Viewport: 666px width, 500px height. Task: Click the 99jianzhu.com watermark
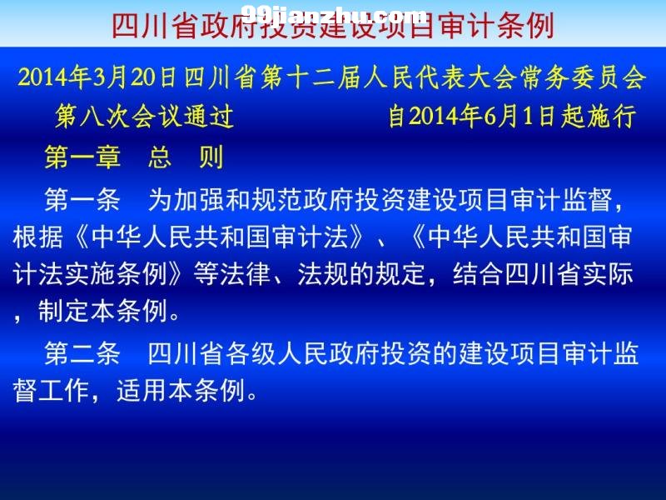335,15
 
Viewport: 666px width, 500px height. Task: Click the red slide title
333,26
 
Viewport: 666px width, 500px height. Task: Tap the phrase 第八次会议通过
144,116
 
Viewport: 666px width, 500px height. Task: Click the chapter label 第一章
82,157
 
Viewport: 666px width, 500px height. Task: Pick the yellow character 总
160,157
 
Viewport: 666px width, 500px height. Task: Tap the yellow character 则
211,157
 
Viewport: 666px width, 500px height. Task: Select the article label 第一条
82,199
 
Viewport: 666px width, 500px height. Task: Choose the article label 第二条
82,352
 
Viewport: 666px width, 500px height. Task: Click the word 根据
37,237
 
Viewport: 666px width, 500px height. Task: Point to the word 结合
478,274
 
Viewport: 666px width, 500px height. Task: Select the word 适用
142,390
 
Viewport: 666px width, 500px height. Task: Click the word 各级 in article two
251,352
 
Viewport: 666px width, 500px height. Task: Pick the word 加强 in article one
199,199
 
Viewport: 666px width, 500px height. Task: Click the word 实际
608,274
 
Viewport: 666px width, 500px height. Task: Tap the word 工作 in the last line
64,390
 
